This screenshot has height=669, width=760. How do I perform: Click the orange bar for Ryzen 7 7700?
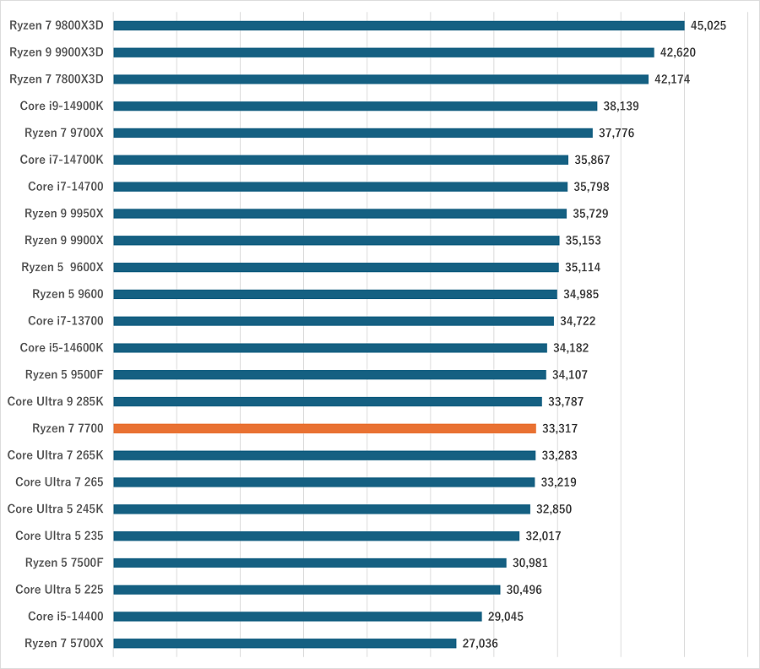(324, 428)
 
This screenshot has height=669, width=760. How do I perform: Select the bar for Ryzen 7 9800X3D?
(399, 25)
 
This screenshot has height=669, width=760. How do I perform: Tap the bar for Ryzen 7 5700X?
(285, 643)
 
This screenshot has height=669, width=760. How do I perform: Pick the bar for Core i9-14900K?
(355, 106)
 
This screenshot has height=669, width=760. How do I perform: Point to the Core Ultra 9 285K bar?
(328, 401)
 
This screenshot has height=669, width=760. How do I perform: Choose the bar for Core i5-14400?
(297, 616)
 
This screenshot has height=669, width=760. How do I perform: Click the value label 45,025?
(708, 25)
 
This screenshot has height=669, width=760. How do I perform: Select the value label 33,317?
(560, 428)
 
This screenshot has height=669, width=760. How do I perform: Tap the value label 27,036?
(480, 643)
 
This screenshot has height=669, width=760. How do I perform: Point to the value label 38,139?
(621, 106)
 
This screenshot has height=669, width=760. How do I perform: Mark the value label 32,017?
(543, 536)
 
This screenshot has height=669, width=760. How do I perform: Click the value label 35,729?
(590, 213)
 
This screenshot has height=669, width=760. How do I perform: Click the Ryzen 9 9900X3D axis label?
(56, 52)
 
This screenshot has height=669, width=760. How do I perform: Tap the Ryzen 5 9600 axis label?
(68, 294)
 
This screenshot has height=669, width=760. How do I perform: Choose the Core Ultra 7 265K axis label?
(55, 455)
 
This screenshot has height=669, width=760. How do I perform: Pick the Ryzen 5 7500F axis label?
(64, 563)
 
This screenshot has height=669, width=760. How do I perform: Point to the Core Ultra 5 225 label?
(59, 590)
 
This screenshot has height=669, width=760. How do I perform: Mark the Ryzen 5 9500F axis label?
(64, 374)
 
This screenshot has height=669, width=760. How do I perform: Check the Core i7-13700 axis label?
(65, 321)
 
